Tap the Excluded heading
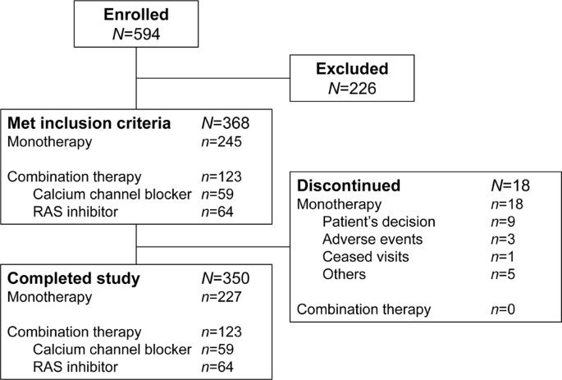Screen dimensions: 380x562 pyautogui.click(x=354, y=69)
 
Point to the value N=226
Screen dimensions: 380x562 pyautogui.click(x=354, y=89)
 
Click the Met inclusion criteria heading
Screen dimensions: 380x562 pyautogui.click(x=89, y=124)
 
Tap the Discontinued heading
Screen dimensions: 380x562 pyautogui.click(x=348, y=185)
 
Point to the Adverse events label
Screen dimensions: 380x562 pyautogui.click(x=373, y=238)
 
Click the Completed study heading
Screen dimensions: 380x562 pyautogui.click(x=74, y=278)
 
